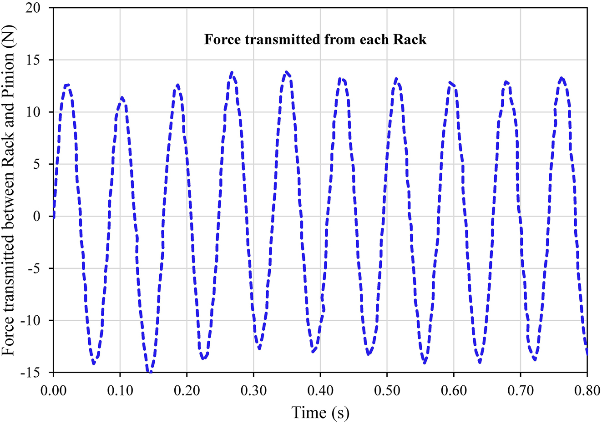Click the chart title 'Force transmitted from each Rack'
tap(315, 40)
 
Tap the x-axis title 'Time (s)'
tap(320, 413)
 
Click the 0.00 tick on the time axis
tap(53, 391)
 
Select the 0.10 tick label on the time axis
tap(120, 391)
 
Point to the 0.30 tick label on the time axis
tap(253, 391)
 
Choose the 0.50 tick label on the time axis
tap(387, 391)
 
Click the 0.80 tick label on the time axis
tap(587, 391)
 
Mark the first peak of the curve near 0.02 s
tap(67, 85)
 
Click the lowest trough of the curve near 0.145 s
tap(150, 373)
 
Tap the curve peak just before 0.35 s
tap(286, 72)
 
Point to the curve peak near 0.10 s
tap(121, 97)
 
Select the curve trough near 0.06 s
tap(94, 363)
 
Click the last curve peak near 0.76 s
tap(562, 78)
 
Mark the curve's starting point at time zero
tap(54, 217)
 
